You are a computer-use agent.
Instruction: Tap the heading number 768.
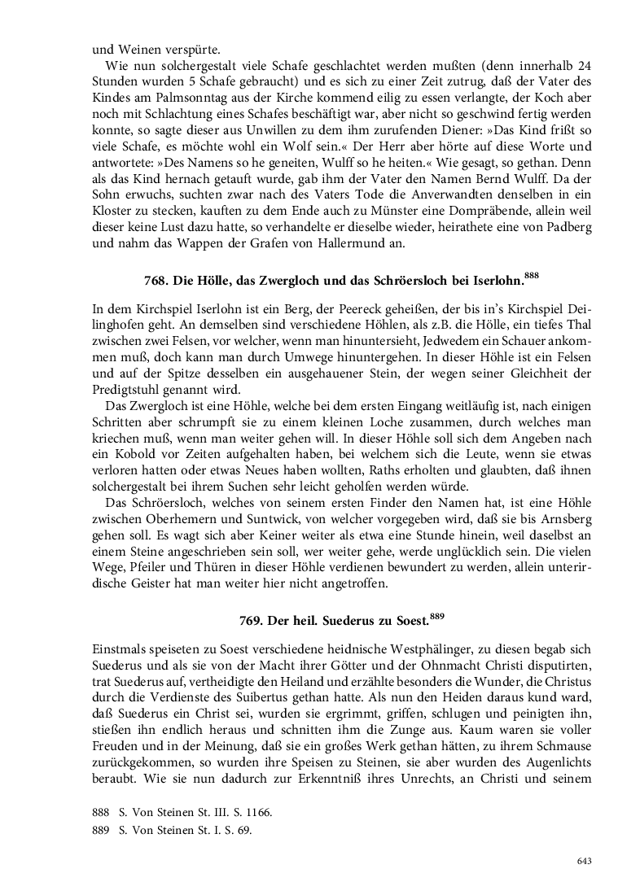[155, 282]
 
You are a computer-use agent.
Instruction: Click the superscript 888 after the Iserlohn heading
[531, 277]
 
